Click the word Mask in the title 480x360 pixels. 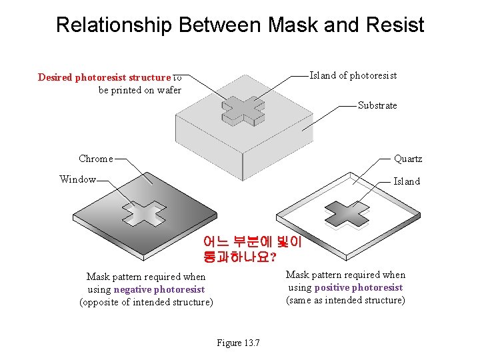point(294,25)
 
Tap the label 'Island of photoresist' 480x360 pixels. point(353,75)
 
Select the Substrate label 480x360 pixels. point(377,105)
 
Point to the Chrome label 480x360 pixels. point(95,159)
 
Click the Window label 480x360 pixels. point(77,179)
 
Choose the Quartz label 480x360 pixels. point(407,159)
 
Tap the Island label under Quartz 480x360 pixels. point(407,181)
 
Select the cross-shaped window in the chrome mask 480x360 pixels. point(143,213)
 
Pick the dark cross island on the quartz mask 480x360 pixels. point(346,213)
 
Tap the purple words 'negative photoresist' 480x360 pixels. point(159,289)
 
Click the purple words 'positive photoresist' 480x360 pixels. point(358,287)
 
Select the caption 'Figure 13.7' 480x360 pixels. point(238,343)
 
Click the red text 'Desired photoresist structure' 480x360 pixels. point(105,77)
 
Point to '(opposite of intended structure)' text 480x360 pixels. point(147,302)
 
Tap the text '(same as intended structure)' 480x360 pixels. point(345,300)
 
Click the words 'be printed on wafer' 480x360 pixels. point(140,90)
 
